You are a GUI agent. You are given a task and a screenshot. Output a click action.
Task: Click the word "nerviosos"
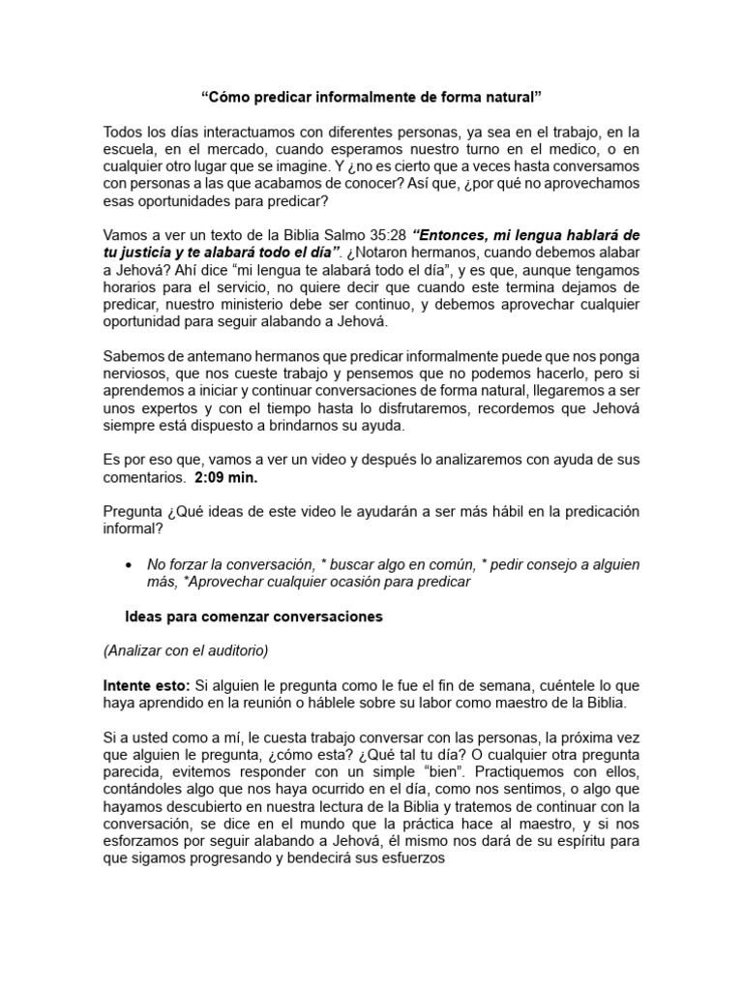[x=136, y=373]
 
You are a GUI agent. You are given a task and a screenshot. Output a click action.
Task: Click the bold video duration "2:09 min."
[x=228, y=477]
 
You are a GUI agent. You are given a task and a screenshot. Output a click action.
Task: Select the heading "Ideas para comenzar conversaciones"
[x=255, y=616]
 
